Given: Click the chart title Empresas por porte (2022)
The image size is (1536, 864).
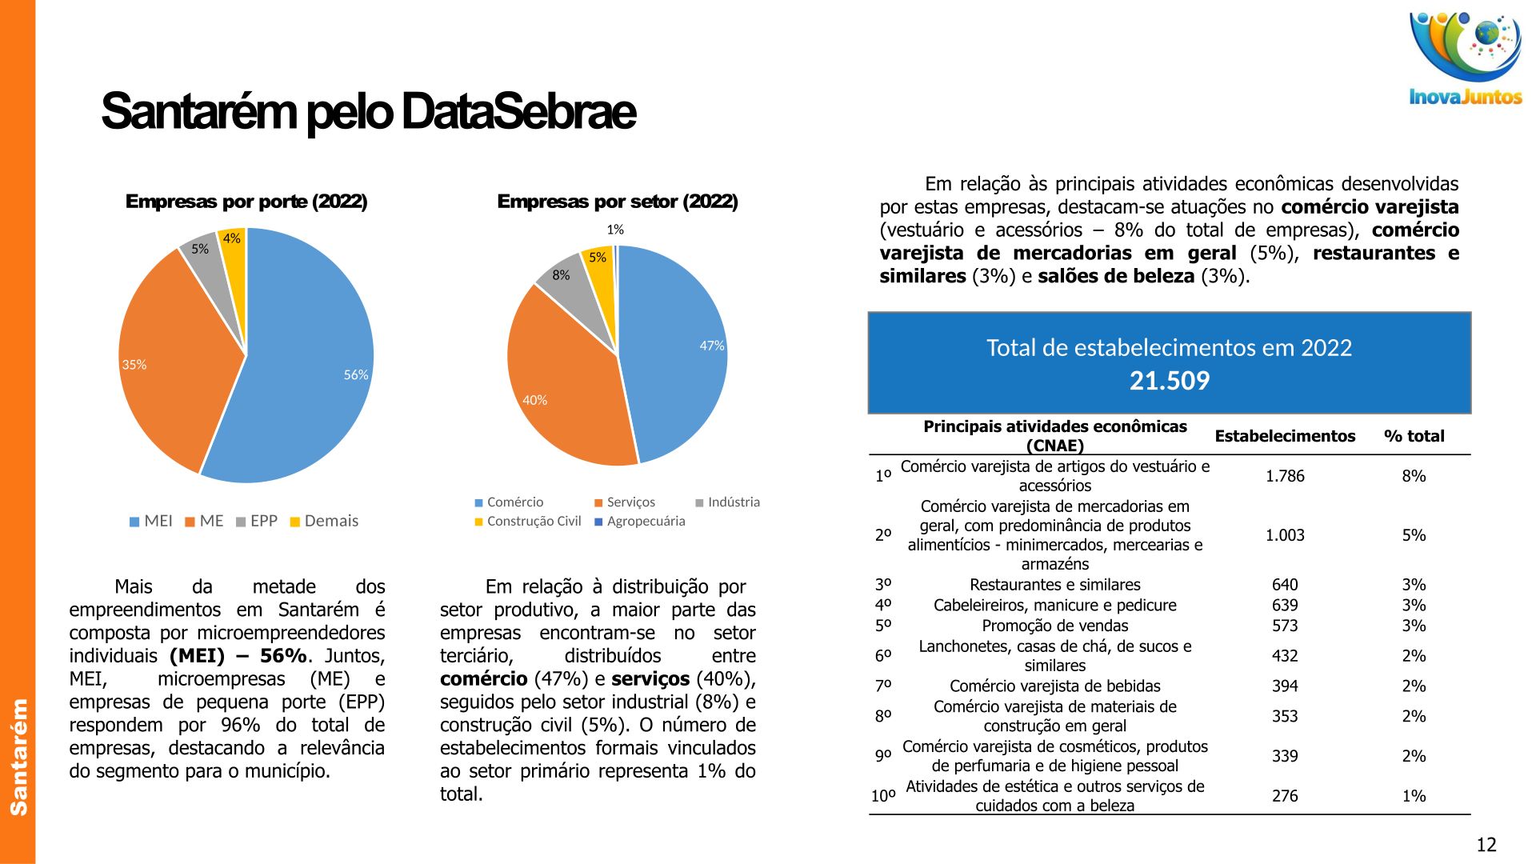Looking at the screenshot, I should [x=246, y=202].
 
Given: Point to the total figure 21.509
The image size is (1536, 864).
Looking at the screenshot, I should [x=1170, y=381].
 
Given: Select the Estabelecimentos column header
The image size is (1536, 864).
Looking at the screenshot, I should [x=1285, y=437].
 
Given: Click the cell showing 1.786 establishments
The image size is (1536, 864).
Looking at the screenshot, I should [x=1285, y=477].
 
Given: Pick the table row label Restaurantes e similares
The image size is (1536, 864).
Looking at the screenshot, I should [x=1054, y=586].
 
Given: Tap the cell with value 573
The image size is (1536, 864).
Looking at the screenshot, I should [x=1285, y=626].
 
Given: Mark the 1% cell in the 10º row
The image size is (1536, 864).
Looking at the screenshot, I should [x=1414, y=797].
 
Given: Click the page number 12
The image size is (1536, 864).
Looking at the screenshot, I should [x=1486, y=846].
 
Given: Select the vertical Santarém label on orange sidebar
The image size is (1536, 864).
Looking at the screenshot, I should [x=18, y=757].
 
